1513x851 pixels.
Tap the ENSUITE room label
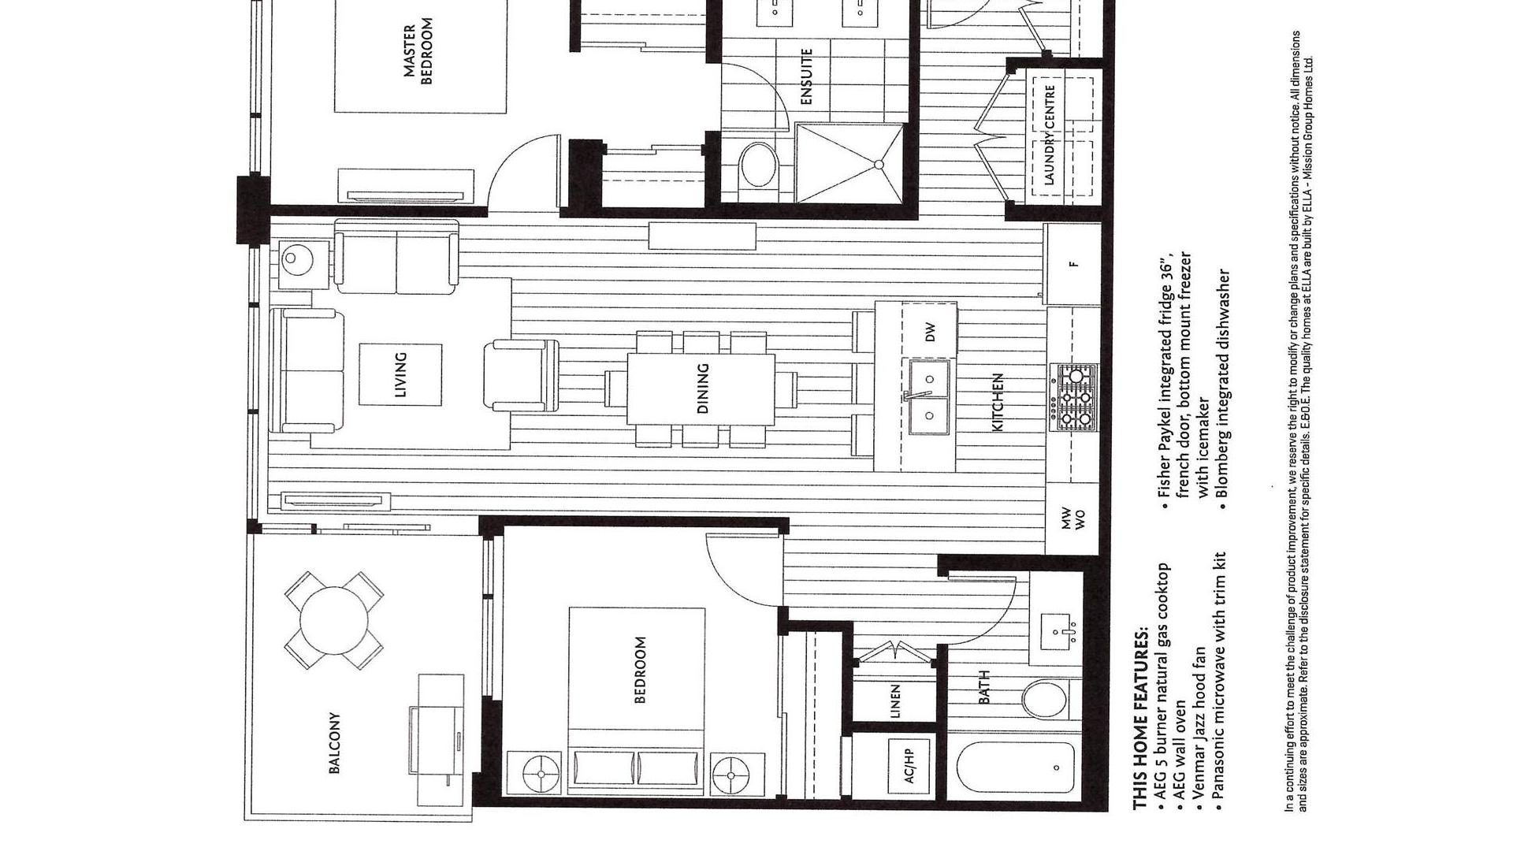click(806, 77)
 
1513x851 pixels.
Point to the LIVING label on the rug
click(400, 374)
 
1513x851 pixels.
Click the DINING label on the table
click(703, 388)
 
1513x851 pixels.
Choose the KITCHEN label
click(997, 402)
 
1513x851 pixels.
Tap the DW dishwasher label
click(931, 332)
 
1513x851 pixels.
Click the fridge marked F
click(1072, 264)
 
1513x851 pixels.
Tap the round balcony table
click(334, 619)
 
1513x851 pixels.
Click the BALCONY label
click(334, 743)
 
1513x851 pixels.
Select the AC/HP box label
click(910, 764)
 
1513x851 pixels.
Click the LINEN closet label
click(894, 700)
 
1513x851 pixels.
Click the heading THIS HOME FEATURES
click(1140, 719)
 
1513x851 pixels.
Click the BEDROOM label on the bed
click(639, 670)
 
